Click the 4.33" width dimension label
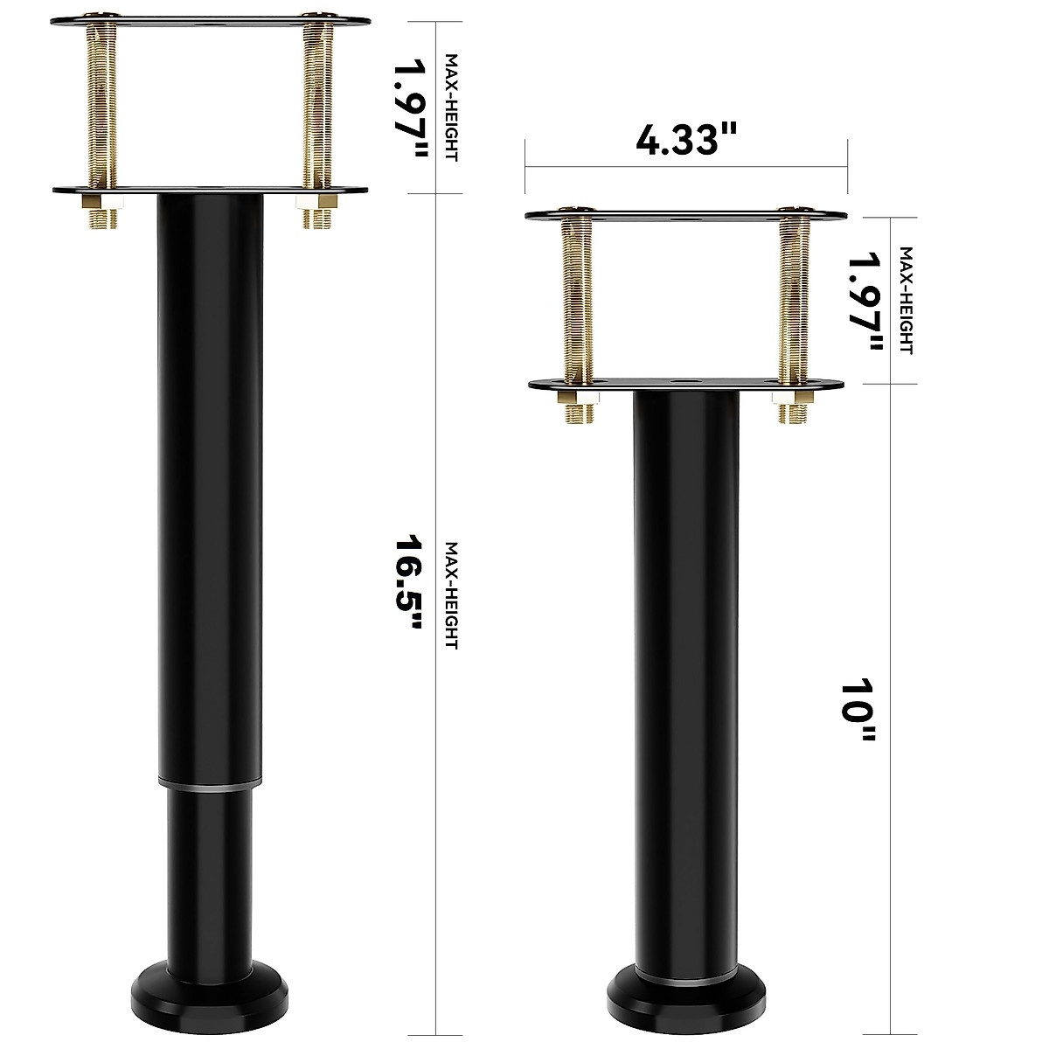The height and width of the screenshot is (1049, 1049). point(686,140)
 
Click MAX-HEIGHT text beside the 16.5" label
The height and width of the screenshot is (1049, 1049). point(452,594)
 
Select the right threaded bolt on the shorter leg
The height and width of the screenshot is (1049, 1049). point(794,297)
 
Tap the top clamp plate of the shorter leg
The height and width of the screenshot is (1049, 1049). point(686,214)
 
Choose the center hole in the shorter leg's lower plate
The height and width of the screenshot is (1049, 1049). point(683,383)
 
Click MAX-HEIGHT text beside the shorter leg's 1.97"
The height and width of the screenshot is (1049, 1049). point(906,300)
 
